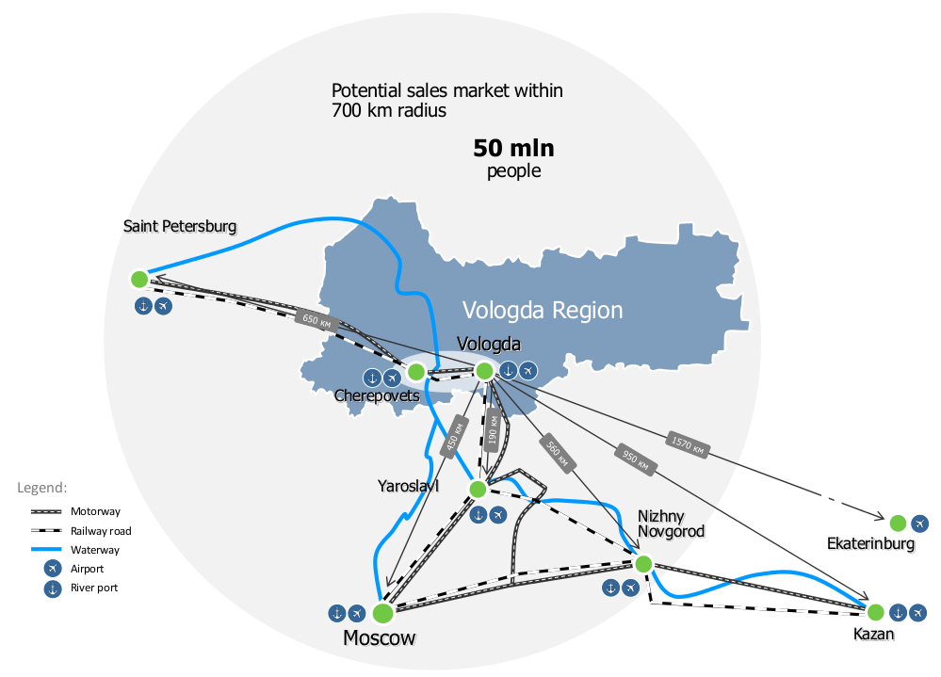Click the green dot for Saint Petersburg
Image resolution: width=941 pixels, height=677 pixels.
139,279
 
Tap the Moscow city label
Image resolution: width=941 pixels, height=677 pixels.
379,638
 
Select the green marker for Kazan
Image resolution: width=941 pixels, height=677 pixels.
875,611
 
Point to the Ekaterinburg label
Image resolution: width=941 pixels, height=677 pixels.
870,544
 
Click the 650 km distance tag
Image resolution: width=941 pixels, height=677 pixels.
316,319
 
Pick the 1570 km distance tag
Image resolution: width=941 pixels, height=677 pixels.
688,443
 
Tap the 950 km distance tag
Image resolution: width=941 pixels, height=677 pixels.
636,459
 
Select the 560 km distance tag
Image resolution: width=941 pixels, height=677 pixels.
557,451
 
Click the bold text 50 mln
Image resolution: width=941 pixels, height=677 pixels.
513,148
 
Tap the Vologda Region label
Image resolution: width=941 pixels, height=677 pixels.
543,311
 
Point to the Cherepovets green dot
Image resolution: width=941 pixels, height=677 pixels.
415,372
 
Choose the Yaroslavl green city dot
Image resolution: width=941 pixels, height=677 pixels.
477,489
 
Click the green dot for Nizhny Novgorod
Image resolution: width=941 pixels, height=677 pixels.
643,564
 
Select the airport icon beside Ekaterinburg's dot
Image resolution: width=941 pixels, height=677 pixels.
919,524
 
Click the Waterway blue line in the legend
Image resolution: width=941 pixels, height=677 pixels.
46,549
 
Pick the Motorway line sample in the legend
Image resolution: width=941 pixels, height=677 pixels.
46,512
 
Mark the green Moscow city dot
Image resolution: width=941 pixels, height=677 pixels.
382,613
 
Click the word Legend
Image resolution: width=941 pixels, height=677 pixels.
41,488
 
